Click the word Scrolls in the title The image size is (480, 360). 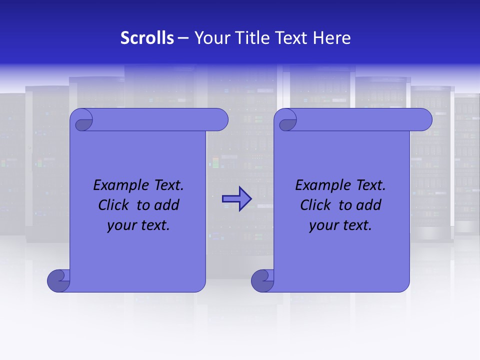pos(147,38)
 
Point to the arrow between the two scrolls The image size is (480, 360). pos(236,199)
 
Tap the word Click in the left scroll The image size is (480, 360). pos(113,205)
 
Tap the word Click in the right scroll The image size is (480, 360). pos(315,205)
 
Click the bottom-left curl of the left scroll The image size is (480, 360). pos(58,280)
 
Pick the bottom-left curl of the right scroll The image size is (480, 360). pos(262,280)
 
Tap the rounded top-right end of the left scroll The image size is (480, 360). pos(219,120)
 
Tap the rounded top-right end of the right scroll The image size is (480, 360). pos(423,120)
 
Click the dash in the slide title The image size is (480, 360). pos(183,38)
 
